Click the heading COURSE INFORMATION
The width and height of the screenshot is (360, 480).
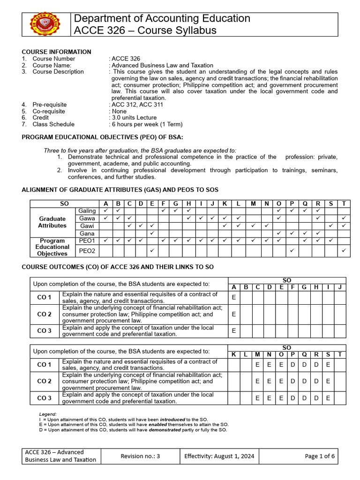click(57, 52)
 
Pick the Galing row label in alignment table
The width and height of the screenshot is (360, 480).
click(87, 211)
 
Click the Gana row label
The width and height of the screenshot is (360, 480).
click(87, 233)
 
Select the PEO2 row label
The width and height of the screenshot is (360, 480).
click(87, 251)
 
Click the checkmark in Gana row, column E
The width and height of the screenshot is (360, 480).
click(152, 233)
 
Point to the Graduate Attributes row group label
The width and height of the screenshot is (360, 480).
click(52, 222)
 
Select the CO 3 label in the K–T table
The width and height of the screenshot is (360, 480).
click(45, 398)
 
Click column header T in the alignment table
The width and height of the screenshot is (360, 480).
click(344, 203)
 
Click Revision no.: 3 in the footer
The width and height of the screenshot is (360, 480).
click(140, 456)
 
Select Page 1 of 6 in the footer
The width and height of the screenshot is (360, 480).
click(320, 456)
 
